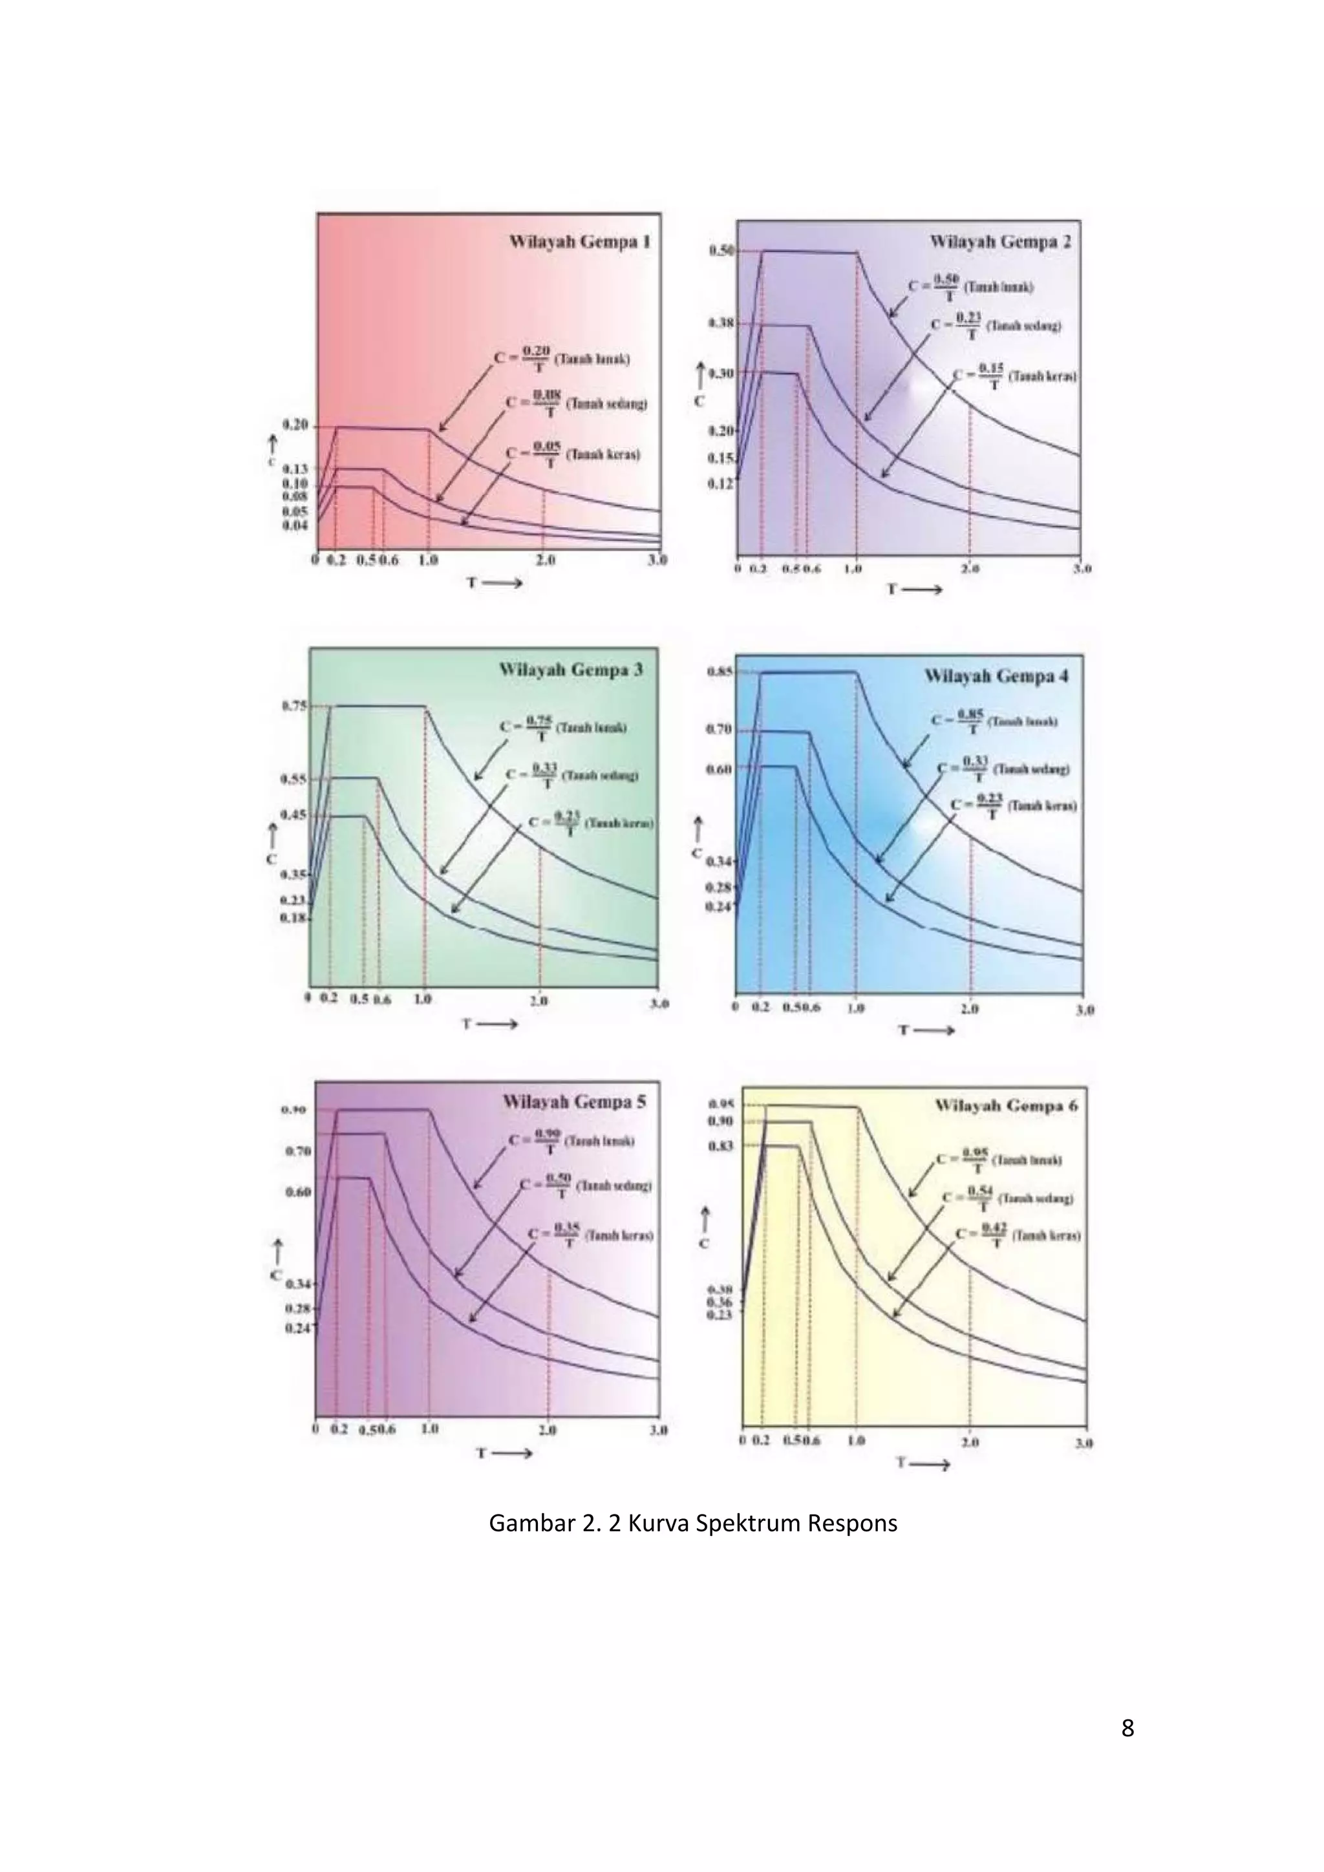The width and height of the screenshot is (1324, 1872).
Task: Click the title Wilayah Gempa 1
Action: [x=580, y=242]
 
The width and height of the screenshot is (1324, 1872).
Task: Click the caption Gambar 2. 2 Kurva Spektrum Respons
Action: [x=692, y=1523]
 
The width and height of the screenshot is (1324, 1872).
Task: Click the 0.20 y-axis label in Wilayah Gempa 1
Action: [x=295, y=425]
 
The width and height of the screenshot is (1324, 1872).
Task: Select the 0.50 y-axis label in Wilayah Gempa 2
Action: [x=721, y=251]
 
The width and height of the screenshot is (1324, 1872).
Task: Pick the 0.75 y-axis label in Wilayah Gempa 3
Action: [x=294, y=706]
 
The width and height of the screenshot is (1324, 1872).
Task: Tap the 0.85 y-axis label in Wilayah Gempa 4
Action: [x=721, y=671]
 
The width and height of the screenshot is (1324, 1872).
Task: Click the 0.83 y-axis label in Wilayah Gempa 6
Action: [x=721, y=1145]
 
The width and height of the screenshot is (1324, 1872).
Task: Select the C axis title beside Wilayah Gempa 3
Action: [x=271, y=859]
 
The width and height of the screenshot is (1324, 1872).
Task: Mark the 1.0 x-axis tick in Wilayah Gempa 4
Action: [x=855, y=1008]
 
